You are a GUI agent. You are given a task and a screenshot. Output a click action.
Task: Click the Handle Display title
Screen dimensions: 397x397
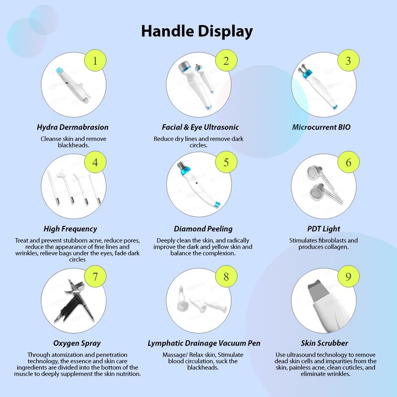(x=197, y=31)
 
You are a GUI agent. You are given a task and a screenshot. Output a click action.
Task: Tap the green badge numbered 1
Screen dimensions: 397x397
(x=95, y=60)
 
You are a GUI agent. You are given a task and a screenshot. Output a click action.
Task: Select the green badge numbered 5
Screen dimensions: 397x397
(x=226, y=162)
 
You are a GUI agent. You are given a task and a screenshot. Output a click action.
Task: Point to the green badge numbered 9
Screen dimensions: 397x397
(x=349, y=276)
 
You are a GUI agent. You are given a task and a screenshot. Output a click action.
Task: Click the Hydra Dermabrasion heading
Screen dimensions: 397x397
(x=72, y=127)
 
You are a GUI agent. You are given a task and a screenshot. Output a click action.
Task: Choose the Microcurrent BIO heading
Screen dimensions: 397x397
(x=321, y=127)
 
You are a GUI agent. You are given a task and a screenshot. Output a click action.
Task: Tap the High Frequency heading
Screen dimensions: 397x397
(x=70, y=229)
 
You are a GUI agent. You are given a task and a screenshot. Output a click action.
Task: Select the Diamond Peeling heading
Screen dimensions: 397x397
(x=203, y=229)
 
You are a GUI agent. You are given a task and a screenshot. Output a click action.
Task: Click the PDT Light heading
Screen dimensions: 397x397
(x=324, y=229)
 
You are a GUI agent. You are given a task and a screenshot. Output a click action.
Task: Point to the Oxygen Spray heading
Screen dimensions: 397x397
(x=77, y=343)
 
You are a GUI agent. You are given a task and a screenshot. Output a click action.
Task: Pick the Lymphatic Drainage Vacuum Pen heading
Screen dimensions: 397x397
(x=204, y=343)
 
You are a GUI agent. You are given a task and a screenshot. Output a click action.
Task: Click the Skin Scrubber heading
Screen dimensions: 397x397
(x=325, y=343)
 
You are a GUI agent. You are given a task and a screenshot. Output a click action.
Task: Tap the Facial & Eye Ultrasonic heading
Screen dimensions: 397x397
(x=200, y=127)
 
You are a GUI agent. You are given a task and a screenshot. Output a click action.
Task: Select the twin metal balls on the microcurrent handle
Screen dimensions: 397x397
(x=303, y=68)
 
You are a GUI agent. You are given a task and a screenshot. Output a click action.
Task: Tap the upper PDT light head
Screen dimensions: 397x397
(x=315, y=172)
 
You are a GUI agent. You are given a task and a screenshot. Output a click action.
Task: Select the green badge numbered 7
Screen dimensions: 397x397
(x=95, y=276)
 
